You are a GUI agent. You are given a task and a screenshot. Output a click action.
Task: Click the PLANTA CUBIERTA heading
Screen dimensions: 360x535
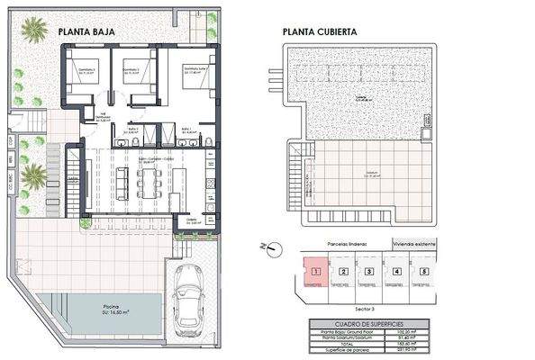(320, 30)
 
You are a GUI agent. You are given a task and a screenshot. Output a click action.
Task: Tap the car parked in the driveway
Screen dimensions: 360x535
(189, 297)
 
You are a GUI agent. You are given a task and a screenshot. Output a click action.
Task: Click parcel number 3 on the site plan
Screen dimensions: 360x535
(368, 271)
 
